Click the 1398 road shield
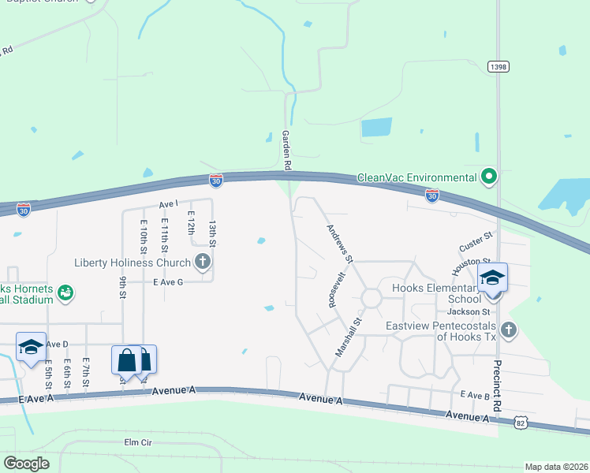pos(497,67)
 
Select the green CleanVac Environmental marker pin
pos(489,176)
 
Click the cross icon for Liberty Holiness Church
pos(203,262)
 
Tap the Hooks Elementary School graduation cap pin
pos(492,278)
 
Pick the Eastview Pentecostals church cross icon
pos(509,329)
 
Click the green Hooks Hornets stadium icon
pos(65,292)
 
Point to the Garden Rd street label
pos(287,151)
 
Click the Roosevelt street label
pos(334,289)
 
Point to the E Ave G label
pos(167,282)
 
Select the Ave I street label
pos(169,204)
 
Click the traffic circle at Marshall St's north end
pos(371,299)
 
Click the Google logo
pos(28,464)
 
